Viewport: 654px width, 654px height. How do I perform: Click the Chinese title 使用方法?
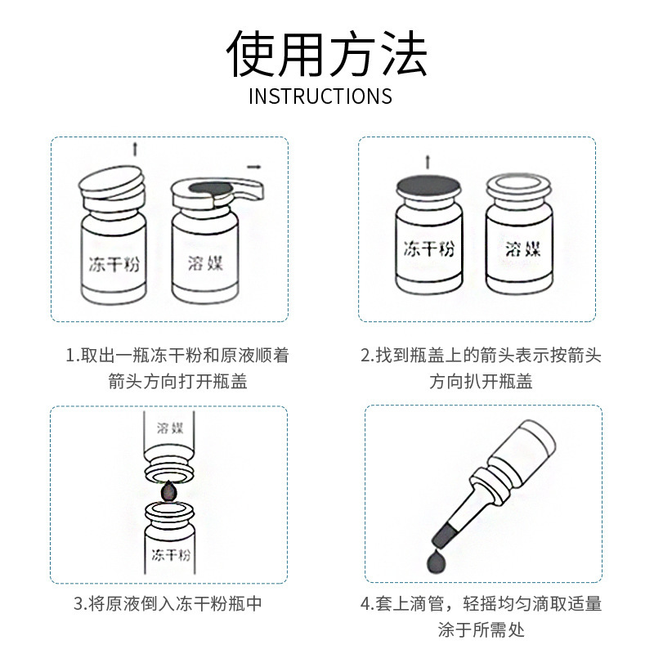[327, 53]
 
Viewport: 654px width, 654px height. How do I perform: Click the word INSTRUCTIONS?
[320, 96]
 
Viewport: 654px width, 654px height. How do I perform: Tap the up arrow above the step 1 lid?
[135, 149]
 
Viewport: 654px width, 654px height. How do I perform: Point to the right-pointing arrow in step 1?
[254, 168]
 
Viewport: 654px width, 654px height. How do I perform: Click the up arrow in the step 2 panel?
[428, 162]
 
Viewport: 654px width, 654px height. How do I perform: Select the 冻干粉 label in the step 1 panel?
[114, 264]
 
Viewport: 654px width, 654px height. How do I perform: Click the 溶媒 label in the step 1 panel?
[205, 263]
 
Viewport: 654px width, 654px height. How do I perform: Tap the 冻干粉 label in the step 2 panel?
[428, 249]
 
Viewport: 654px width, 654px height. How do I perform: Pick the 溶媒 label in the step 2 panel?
[522, 249]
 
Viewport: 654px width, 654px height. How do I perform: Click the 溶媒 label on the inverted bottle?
[170, 428]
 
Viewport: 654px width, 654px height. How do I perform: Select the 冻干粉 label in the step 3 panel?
[171, 555]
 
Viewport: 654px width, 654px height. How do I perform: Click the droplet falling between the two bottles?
[168, 491]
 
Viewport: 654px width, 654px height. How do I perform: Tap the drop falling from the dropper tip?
[436, 561]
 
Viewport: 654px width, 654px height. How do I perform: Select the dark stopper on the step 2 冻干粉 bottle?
[428, 186]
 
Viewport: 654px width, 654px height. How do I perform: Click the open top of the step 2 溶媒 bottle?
[518, 184]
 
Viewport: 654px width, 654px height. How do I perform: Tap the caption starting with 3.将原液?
[168, 603]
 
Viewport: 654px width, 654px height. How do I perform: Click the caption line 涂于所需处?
[481, 629]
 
